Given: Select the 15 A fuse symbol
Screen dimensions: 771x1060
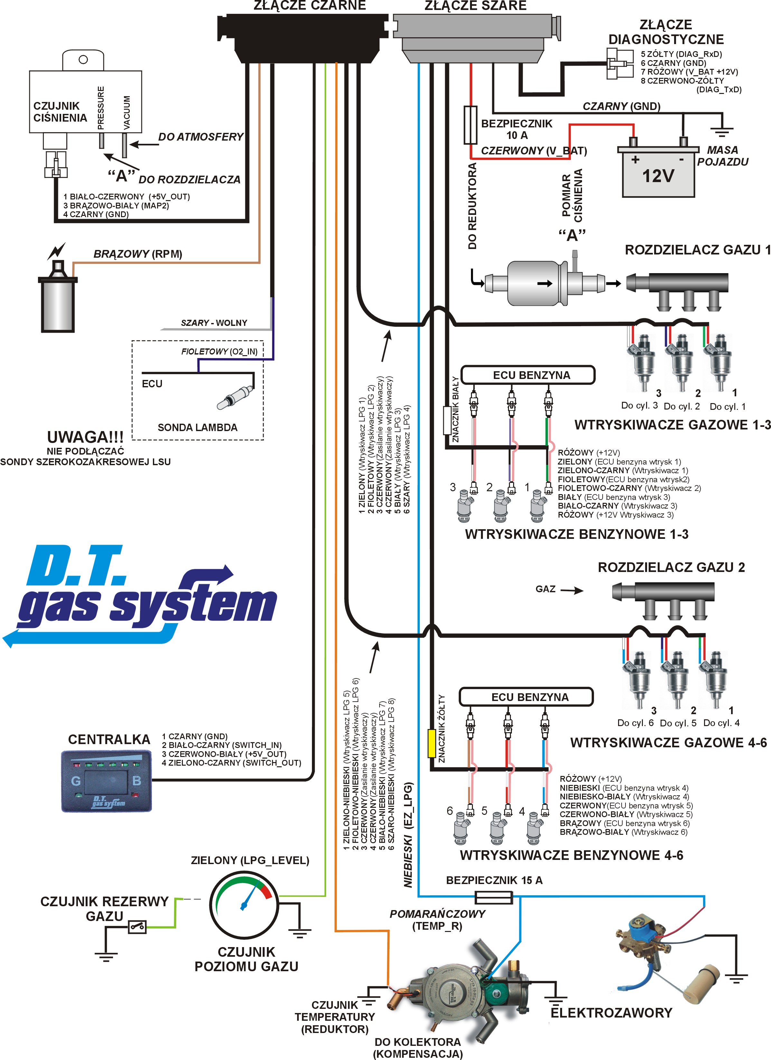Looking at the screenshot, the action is (494, 897).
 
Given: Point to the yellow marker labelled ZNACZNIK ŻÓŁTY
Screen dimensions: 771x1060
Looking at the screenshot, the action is (432, 743).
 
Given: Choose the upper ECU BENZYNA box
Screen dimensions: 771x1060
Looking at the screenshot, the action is (528, 375).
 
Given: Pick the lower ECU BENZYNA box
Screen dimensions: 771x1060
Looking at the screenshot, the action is (526, 697).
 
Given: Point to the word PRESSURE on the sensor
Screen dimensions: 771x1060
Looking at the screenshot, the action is (100, 108).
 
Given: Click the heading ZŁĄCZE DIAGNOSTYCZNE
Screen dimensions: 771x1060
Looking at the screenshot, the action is (666, 32).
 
